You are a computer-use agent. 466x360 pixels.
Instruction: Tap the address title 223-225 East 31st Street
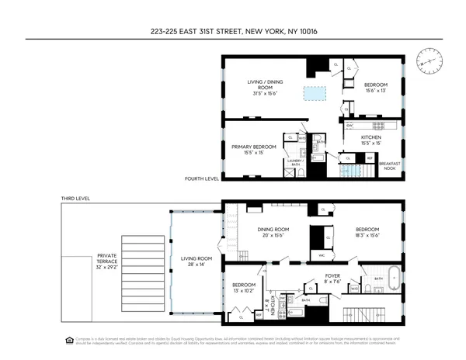(x=232, y=32)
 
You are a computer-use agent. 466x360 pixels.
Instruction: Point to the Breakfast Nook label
(x=390, y=164)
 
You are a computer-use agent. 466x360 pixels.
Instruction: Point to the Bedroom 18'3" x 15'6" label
(x=367, y=233)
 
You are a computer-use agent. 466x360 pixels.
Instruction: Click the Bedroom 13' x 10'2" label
(x=243, y=289)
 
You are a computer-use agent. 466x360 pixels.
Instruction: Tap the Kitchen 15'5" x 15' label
(x=370, y=140)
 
